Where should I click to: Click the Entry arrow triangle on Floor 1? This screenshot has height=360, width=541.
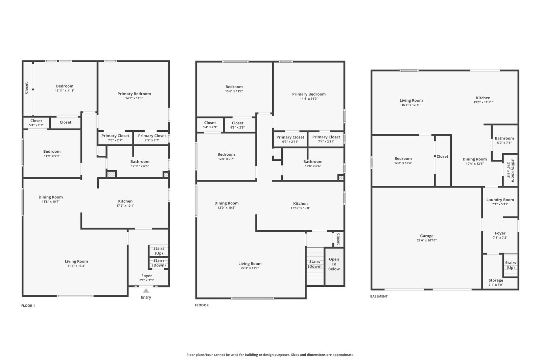pyautogui.click(x=146, y=290)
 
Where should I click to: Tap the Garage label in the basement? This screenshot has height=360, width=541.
pyautogui.click(x=426, y=236)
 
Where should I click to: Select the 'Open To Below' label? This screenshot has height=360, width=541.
pyautogui.click(x=334, y=264)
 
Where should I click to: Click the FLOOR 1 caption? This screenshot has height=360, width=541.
pyautogui.click(x=28, y=306)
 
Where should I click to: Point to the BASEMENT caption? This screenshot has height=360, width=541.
pyautogui.click(x=379, y=296)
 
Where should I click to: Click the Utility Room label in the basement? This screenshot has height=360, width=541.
pyautogui.click(x=513, y=170)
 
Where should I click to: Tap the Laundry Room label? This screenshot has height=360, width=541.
pyautogui.click(x=500, y=200)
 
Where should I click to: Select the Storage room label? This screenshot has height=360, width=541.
pyautogui.click(x=496, y=280)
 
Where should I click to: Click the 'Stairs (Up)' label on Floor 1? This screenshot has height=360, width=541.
pyautogui.click(x=159, y=251)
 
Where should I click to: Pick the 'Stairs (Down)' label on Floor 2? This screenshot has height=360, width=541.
pyautogui.click(x=314, y=264)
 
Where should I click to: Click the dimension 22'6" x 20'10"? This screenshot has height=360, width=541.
pyautogui.click(x=426, y=240)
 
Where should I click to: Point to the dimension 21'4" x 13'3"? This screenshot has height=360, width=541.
pyautogui.click(x=76, y=266)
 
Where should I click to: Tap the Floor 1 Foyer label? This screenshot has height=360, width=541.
pyautogui.click(x=147, y=276)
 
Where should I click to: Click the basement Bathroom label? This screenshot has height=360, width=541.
pyautogui.click(x=504, y=138)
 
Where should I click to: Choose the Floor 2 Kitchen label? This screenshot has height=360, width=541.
pyautogui.click(x=300, y=203)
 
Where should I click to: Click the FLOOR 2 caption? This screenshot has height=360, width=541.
pyautogui.click(x=202, y=305)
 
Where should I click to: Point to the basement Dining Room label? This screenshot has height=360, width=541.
pyautogui.click(x=475, y=159)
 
